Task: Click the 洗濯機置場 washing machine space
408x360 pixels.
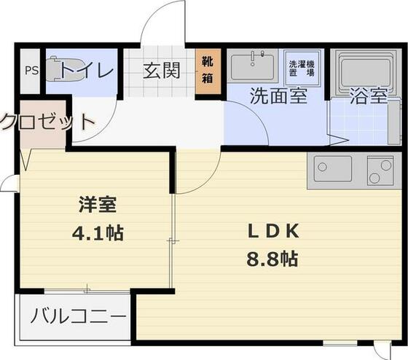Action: (x=300, y=68)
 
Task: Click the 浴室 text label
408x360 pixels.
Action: (x=368, y=96)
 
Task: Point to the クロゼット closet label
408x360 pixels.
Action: (x=45, y=121)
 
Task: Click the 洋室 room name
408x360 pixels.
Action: (x=98, y=206)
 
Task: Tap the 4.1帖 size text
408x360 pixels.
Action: (x=99, y=234)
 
